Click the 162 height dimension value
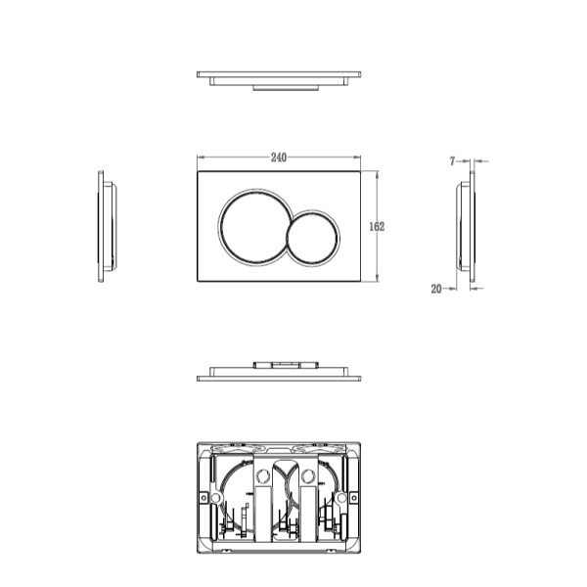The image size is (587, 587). [377, 226]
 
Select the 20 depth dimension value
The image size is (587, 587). [436, 288]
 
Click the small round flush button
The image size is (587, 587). [313, 237]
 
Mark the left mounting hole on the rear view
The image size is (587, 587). [216, 497]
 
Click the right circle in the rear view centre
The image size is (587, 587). [308, 477]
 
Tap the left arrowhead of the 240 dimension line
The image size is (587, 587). [200, 157]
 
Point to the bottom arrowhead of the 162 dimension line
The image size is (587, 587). [377, 280]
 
